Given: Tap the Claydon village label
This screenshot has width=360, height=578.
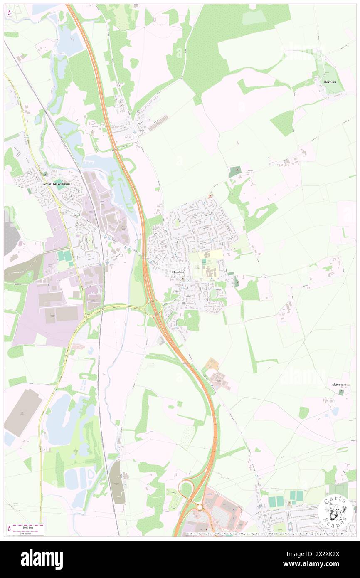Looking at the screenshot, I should (x=178, y=272).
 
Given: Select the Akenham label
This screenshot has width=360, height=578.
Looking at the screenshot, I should (x=339, y=385).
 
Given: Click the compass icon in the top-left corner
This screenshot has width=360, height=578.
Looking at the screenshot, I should (x=10, y=13).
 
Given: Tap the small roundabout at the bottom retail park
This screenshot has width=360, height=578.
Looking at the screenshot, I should (x=200, y=507).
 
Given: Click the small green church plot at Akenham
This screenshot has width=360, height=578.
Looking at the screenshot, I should (x=341, y=392).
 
